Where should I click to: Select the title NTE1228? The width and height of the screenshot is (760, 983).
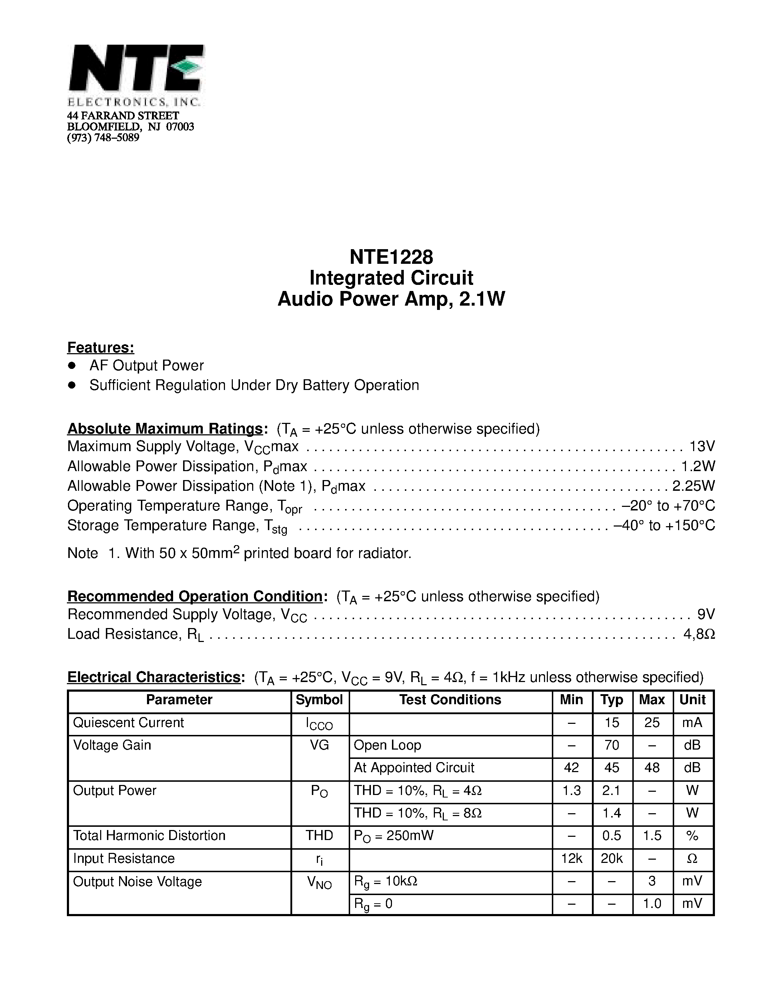(x=391, y=257)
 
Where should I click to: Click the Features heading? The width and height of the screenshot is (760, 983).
(x=100, y=347)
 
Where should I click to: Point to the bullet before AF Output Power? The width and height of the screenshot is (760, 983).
(x=71, y=365)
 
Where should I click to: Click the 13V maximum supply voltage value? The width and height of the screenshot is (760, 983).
(x=702, y=446)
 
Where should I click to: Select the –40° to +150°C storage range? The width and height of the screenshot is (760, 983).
(x=664, y=525)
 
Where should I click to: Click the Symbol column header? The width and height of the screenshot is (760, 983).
(x=319, y=700)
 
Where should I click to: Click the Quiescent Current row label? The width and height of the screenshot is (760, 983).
(x=128, y=722)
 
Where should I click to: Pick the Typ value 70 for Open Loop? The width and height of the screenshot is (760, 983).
(x=612, y=745)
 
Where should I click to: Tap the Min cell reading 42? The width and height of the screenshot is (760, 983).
(x=572, y=768)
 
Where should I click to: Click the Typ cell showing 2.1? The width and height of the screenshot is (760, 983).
(x=612, y=791)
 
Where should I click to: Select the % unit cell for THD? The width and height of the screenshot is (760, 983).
(x=692, y=836)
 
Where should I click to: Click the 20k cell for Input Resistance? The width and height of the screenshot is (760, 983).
(x=612, y=859)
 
